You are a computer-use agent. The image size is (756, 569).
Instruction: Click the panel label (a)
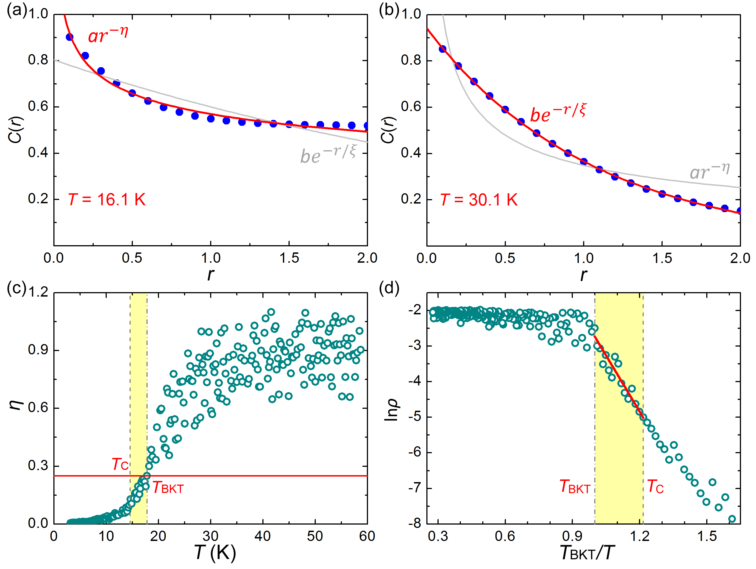click(x=16, y=11)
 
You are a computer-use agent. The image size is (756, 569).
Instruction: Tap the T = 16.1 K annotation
click(x=107, y=199)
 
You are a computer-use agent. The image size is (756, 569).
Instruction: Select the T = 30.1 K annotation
click(x=479, y=199)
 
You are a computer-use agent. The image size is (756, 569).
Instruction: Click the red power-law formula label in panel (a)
click(x=108, y=35)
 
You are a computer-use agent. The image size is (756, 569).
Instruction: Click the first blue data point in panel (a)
click(x=69, y=37)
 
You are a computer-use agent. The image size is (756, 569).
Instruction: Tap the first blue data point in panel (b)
click(x=442, y=49)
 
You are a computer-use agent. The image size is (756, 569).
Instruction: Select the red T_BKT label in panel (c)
click(x=168, y=488)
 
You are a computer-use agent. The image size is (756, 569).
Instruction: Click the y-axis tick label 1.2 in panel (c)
click(x=38, y=292)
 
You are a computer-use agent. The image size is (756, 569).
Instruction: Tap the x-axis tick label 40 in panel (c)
click(x=262, y=536)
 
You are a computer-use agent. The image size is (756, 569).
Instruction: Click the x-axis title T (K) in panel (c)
click(x=215, y=552)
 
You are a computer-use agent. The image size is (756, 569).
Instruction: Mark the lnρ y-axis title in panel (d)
click(x=391, y=409)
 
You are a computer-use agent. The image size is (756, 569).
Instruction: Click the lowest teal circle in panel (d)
click(x=732, y=519)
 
